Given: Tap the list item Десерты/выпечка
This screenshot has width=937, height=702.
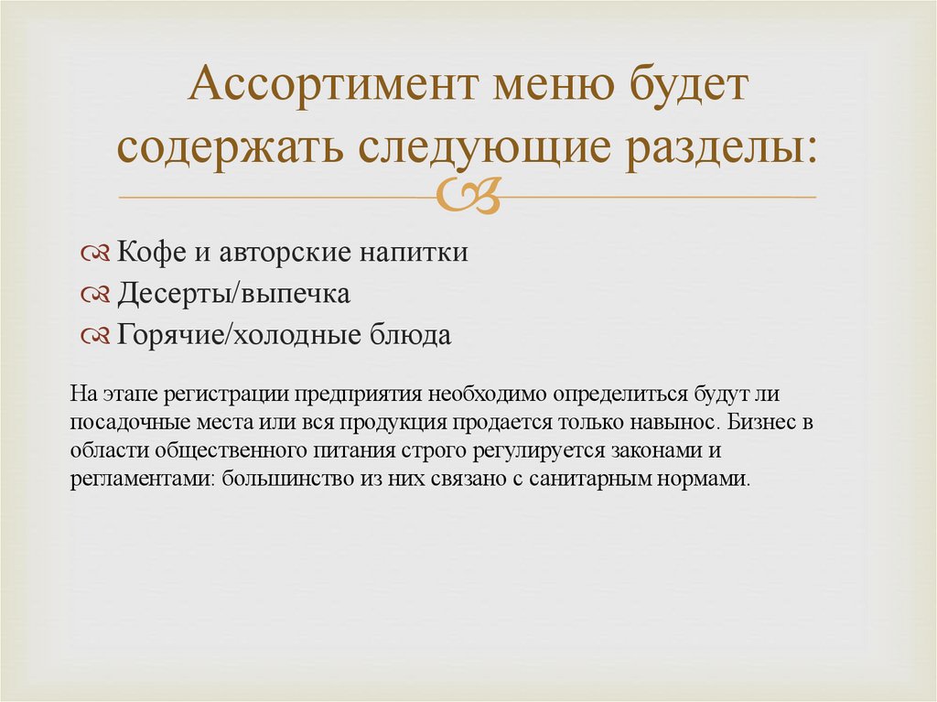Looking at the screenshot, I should (233, 295).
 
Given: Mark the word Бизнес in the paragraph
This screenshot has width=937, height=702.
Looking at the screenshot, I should (759, 423).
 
